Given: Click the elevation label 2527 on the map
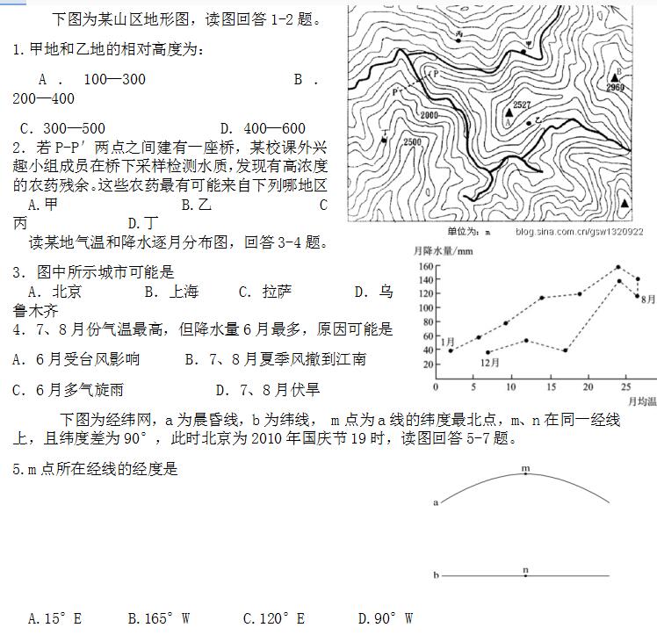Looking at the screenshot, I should pyautogui.click(x=522, y=105).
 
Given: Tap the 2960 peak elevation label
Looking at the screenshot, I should pyautogui.click(x=615, y=88).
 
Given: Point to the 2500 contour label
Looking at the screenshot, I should pyautogui.click(x=411, y=142).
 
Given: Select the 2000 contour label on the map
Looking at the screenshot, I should pyautogui.click(x=429, y=116).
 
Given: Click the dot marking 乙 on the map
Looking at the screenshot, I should pyautogui.click(x=529, y=123).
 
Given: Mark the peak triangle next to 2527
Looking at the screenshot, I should pyautogui.click(x=509, y=112).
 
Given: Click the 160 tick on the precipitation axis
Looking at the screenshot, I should pyautogui.click(x=427, y=266).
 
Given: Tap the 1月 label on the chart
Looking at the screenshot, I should pyautogui.click(x=447, y=341).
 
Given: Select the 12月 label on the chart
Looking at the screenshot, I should pyautogui.click(x=489, y=362).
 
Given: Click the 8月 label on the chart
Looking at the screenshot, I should pyautogui.click(x=648, y=299).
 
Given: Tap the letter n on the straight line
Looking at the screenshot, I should pyautogui.click(x=525, y=571).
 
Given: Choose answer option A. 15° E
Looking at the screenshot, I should pyautogui.click(x=54, y=618).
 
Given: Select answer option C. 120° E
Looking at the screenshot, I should pyautogui.click(x=273, y=618).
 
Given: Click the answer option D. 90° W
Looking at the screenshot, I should pyautogui.click(x=385, y=618).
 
